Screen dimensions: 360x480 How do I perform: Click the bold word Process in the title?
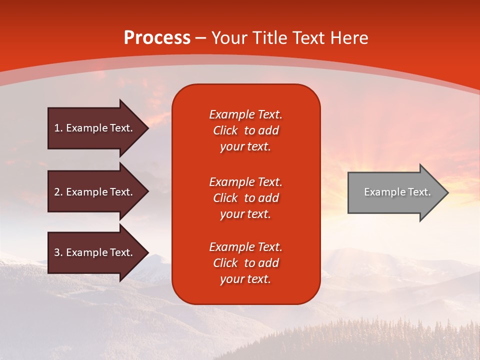pos(157,38)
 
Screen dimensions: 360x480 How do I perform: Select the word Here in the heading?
pos(350,38)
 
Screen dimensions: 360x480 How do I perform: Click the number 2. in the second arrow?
pos(58,192)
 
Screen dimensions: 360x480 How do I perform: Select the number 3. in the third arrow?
pos(58,252)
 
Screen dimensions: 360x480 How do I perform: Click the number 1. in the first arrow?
pos(58,128)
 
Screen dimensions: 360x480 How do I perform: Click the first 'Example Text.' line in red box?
pos(245,114)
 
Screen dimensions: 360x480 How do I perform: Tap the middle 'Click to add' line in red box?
pos(245,198)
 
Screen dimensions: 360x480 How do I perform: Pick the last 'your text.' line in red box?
pos(245,279)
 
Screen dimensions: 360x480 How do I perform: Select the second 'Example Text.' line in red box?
pos(245,182)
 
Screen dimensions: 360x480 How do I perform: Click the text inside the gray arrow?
pos(397,192)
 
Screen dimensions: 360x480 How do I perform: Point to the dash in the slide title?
pos(201,38)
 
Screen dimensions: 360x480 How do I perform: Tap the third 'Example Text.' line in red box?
pos(245,247)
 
